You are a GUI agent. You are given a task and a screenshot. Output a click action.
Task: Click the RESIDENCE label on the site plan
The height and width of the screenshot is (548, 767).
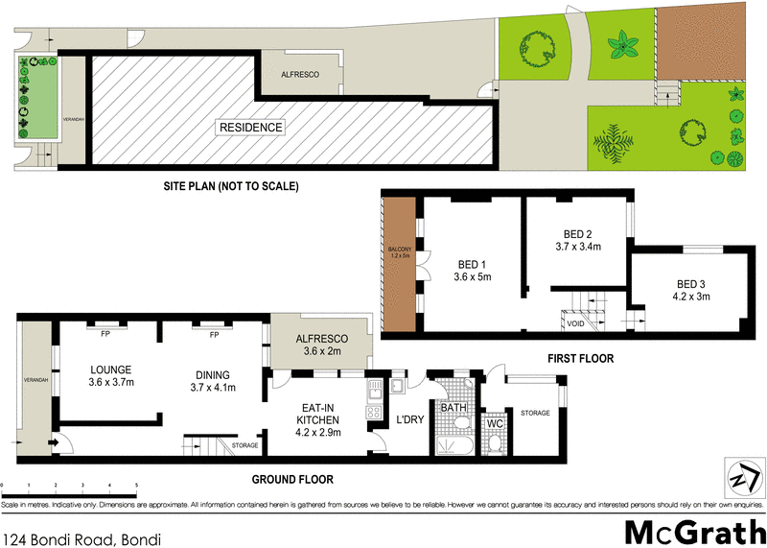[x=251, y=127]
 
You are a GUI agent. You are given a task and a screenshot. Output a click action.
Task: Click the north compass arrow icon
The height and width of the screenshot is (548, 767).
[x=740, y=475]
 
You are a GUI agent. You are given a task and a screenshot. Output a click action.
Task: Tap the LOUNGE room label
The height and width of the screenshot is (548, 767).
[x=111, y=369]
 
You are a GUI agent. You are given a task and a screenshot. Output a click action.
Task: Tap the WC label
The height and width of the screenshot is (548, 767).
[x=496, y=422]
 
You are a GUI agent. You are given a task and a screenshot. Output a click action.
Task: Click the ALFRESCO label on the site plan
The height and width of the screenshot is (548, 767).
[x=300, y=75]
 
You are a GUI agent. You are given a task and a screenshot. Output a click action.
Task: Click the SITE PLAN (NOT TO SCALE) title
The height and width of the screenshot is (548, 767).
[x=231, y=186]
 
